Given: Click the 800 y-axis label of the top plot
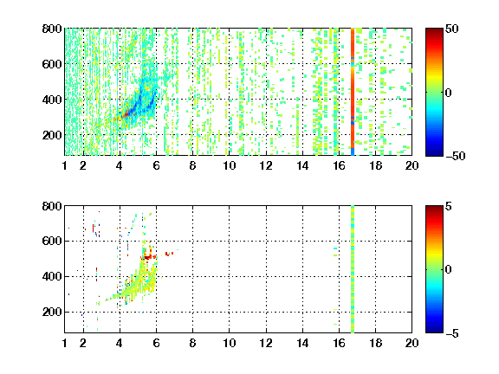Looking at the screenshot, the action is pos(52,29).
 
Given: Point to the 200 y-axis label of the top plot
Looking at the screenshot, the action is pos(52,135).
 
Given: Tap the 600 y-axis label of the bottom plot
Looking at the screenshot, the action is pos(52,241).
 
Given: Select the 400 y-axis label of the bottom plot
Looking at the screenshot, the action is pos(52,276).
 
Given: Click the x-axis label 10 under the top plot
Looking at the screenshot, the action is pos(229,165).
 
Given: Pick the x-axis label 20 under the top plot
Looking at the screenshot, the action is pos(412,165).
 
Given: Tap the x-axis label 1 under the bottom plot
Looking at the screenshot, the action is pos(65,343).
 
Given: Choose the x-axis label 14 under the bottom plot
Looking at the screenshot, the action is pos(302,343).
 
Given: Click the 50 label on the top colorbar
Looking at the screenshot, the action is pos(452,29).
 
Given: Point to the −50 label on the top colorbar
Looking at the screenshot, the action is pos(456,156).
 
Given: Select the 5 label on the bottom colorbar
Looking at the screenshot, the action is pos(449,206).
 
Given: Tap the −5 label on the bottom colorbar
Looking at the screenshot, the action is pos(452,333).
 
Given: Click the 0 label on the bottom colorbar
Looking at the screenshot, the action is pos(449,270).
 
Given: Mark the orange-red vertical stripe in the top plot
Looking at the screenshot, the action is pos(353,92).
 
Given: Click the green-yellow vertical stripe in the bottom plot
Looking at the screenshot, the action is pos(353,269).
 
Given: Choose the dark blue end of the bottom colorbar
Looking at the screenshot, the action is pos(434,330).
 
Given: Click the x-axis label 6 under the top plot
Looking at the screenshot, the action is pos(156,165).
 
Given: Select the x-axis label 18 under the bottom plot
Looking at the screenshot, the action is pos(375,343).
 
